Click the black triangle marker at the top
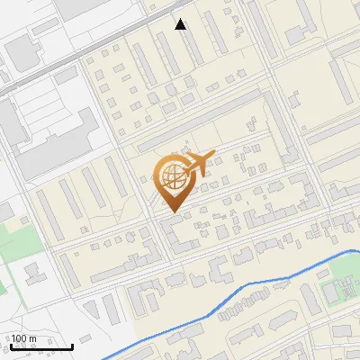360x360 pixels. [181, 24]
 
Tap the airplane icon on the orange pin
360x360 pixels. [198, 164]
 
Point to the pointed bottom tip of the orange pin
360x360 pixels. [171, 211]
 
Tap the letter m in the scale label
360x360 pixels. [33, 338]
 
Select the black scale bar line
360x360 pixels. [40, 346]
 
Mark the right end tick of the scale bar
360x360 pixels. [72, 345]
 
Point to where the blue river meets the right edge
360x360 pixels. [357, 251]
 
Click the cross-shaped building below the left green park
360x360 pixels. [34, 272]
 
